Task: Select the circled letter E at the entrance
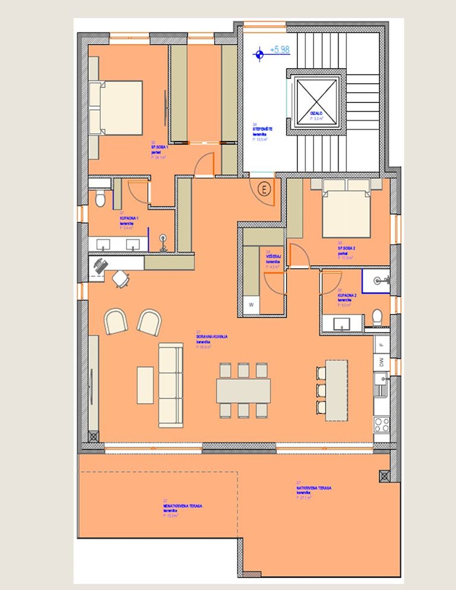(265, 189)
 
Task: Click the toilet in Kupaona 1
(100, 199)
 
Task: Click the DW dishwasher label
(381, 363)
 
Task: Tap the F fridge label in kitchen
(381, 345)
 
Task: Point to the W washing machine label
(251, 305)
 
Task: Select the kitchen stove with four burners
(381, 424)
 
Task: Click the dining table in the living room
(243, 390)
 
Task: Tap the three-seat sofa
(171, 384)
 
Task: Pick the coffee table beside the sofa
(145, 385)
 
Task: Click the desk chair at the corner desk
(121, 279)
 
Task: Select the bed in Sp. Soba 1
(121, 108)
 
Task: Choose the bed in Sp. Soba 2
(346, 209)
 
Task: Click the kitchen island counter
(336, 390)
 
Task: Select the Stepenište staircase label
(263, 129)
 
